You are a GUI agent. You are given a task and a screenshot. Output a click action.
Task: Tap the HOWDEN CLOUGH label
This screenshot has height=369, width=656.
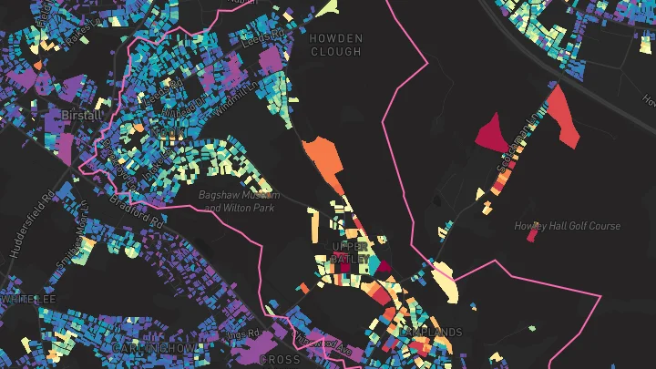[x=336, y=45]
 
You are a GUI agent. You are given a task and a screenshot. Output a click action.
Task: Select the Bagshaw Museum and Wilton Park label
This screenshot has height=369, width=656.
[x=240, y=201]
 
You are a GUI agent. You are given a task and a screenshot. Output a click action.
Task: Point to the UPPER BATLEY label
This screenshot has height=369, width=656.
[x=351, y=253]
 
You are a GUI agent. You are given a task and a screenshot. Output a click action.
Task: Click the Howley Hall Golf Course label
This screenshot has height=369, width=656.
[x=567, y=226]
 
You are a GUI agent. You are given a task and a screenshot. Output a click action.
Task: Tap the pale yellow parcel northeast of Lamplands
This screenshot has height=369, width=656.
[x=445, y=281]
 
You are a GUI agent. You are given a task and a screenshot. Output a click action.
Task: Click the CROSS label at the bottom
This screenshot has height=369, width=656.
[x=280, y=359]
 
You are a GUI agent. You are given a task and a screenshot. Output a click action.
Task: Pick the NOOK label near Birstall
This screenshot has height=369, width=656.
[x=165, y=133]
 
